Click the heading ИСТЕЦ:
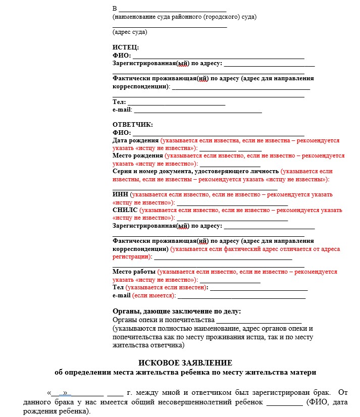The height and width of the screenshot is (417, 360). tap(125, 47)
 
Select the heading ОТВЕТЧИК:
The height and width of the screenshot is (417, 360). tap(132, 125)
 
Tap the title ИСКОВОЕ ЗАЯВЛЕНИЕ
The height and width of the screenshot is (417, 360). tap(185, 363)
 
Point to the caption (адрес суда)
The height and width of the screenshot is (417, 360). tap(130, 32)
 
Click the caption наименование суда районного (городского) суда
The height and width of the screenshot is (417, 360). tap(185, 17)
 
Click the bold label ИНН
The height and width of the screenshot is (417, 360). tap(120, 195)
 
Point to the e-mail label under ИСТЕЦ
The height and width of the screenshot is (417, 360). tap(122, 110)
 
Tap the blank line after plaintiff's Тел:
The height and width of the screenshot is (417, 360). tap(176, 102)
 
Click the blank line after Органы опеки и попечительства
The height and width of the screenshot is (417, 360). tap(259, 321)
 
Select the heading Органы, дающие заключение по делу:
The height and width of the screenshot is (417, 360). tap(177, 311)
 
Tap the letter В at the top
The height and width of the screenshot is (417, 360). tap(115, 9)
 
